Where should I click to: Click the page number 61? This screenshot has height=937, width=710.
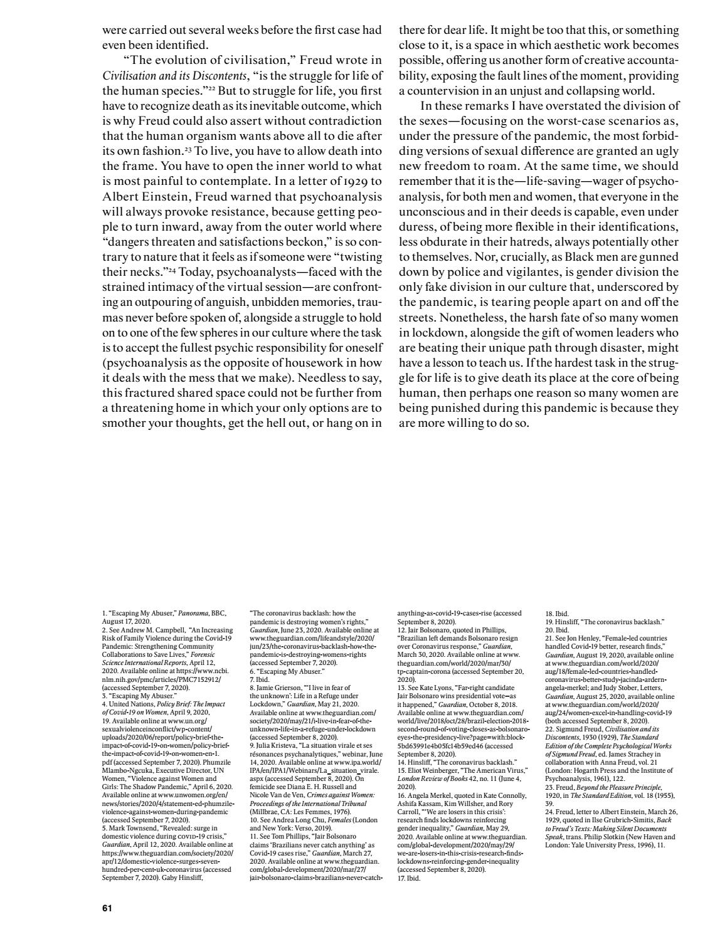point(107,907)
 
